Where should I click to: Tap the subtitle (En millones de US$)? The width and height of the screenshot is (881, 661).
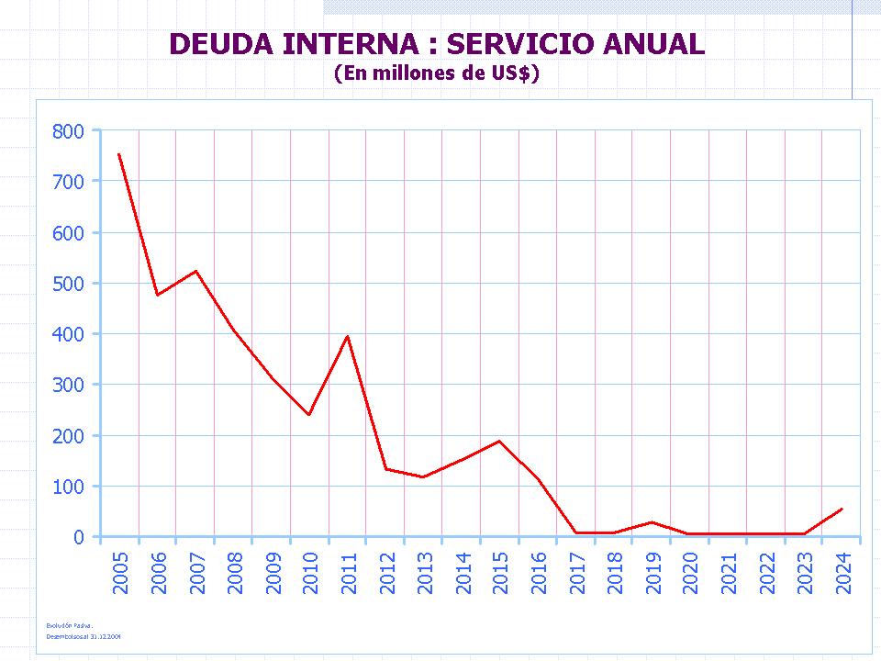point(436,73)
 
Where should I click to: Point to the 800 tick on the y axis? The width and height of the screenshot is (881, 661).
point(68,131)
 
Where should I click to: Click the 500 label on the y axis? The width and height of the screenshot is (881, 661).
point(68,284)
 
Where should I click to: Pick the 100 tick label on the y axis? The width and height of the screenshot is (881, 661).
point(68,487)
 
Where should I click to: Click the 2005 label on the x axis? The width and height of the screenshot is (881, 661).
point(120,573)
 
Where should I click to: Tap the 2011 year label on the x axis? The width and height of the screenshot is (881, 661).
point(348,573)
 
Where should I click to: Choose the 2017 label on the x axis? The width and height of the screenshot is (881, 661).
point(575,573)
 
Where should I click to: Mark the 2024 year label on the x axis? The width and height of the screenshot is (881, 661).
point(842,573)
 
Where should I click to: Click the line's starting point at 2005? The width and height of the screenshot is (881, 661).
point(119,154)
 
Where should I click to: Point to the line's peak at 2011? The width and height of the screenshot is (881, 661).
point(347,336)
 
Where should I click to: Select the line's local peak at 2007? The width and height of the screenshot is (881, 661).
point(195,271)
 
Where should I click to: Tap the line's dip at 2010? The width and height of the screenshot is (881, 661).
point(309,415)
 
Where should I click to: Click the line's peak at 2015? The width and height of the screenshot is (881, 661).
point(499,441)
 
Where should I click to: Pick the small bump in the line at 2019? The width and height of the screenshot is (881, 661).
point(652,521)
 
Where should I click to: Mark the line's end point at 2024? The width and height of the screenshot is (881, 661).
point(842,509)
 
